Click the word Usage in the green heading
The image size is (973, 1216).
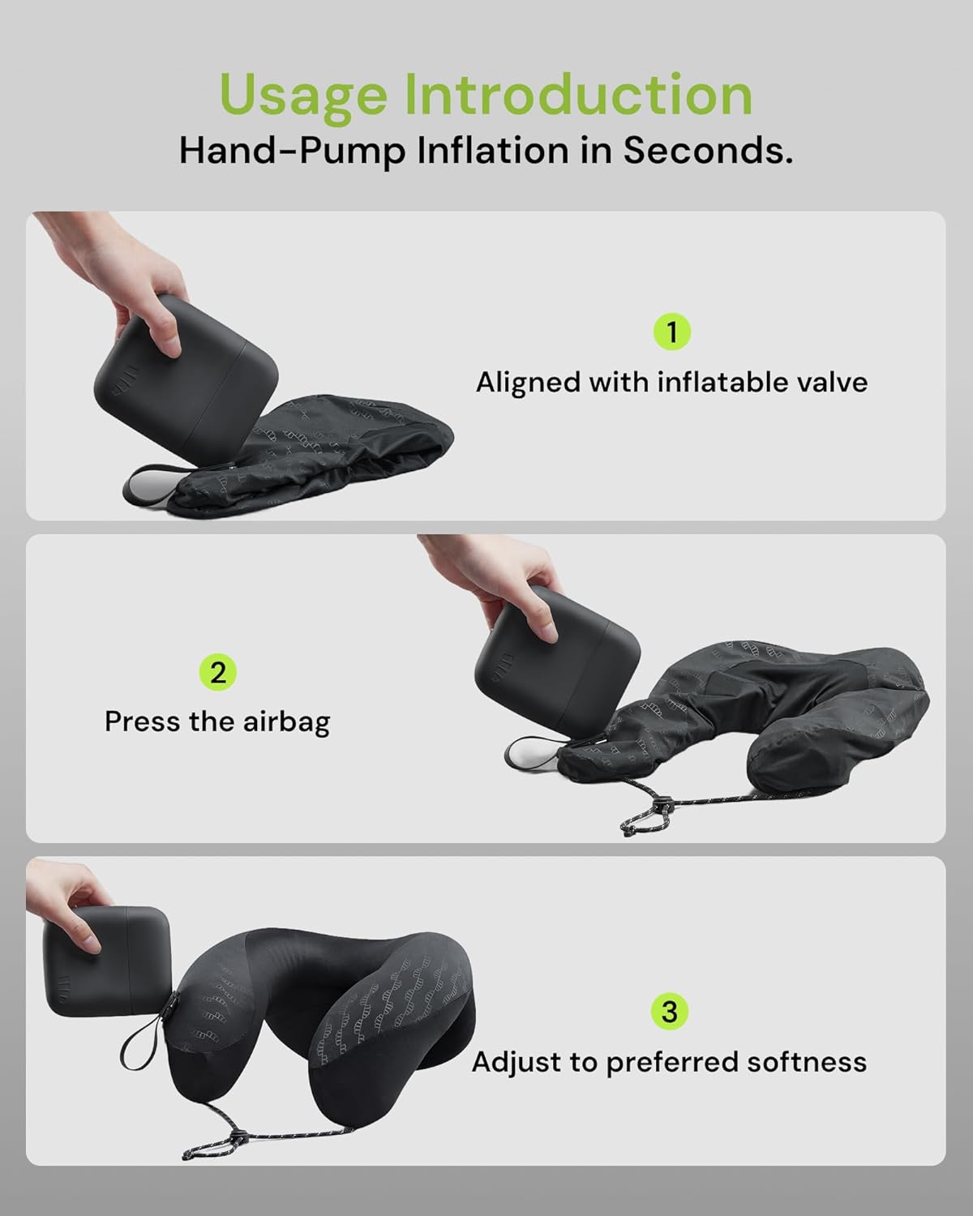305,96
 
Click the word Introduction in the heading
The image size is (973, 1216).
578,94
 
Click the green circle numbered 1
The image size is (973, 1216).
671,332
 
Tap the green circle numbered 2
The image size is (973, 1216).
217,672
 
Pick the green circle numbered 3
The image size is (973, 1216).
669,1012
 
